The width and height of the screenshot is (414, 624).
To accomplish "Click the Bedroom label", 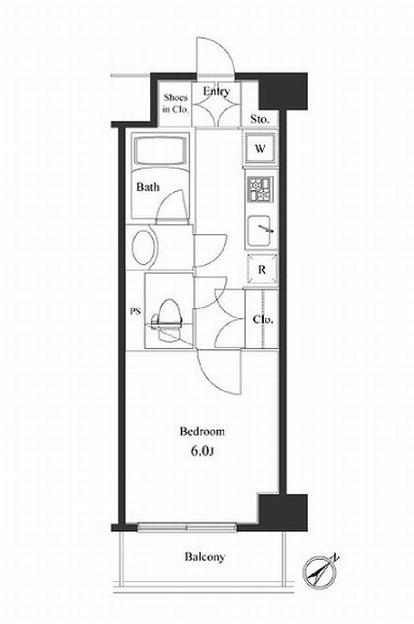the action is (202, 431).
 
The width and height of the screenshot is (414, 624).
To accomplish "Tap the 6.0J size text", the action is (203, 450).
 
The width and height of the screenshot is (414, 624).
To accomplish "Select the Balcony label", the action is (205, 557).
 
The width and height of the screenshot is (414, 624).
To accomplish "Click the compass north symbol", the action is (320, 570).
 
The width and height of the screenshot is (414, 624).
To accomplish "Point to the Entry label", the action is (216, 91).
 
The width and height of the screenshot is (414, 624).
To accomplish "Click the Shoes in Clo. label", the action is (175, 103).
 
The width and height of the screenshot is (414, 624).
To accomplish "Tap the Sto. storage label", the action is (260, 119).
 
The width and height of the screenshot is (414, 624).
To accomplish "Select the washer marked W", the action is (260, 148).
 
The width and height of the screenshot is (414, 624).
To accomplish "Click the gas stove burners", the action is (260, 189).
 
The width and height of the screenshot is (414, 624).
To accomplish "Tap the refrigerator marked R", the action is (262, 270).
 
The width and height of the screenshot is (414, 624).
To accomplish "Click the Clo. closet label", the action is (263, 320).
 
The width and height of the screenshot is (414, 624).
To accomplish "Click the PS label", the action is (136, 312).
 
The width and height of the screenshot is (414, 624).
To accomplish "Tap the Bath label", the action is (147, 186).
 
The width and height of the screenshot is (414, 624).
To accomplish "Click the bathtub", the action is (161, 151).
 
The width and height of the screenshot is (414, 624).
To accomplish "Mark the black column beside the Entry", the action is (283, 91).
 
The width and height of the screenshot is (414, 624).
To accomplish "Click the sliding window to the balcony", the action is (187, 527).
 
